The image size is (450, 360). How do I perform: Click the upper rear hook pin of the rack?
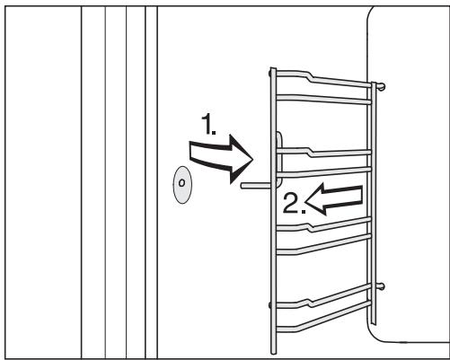[382, 87]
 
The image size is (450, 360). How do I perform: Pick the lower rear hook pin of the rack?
[382, 286]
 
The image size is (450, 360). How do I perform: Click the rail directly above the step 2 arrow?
[323, 170]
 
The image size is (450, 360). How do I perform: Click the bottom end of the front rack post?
[273, 352]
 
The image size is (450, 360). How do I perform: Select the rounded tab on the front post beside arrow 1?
[277, 140]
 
